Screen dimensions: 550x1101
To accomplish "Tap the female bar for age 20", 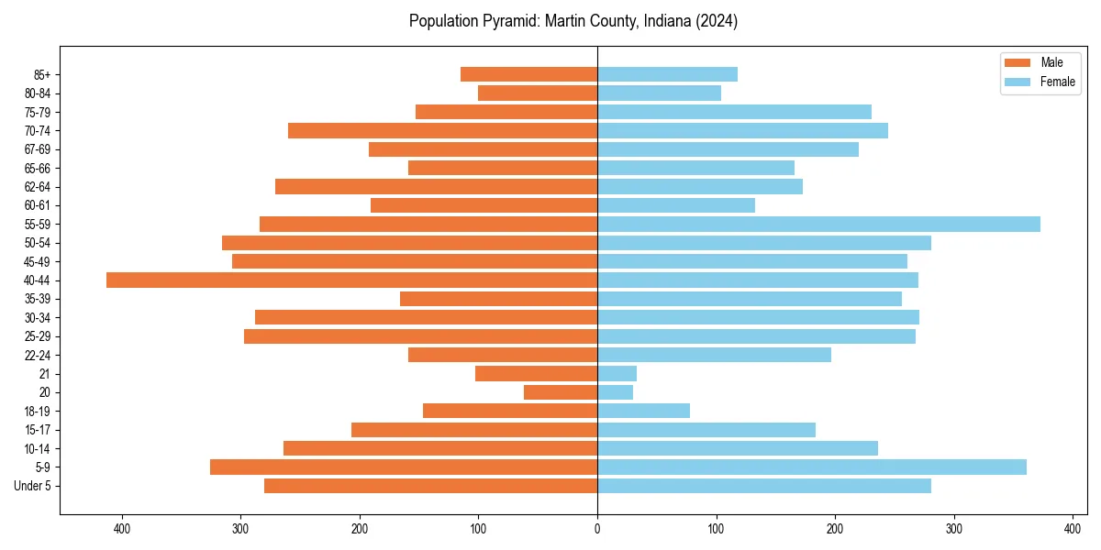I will point(615,392).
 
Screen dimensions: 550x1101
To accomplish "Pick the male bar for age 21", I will point(536,373).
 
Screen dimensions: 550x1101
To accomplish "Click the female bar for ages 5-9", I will point(811,467).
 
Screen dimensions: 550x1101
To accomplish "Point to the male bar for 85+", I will point(528,74).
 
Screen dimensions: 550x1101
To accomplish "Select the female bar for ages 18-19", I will point(643,411).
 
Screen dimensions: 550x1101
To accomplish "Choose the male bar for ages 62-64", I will point(436,186).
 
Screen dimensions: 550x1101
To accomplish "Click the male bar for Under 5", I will point(430,486).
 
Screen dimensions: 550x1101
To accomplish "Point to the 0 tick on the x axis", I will point(597,528).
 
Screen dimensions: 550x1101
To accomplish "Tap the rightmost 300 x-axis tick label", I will point(954,528).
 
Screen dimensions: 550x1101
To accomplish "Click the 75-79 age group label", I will point(37,112).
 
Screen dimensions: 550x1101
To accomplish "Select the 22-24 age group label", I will point(37,355).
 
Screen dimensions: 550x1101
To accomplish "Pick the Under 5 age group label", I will point(32,486).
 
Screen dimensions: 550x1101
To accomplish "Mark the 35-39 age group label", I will point(37,299).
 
